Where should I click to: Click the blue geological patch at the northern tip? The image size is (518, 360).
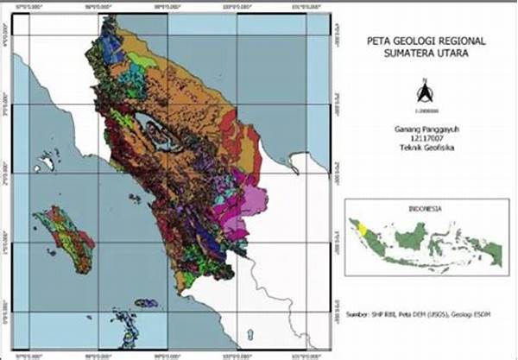tap(111, 43)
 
